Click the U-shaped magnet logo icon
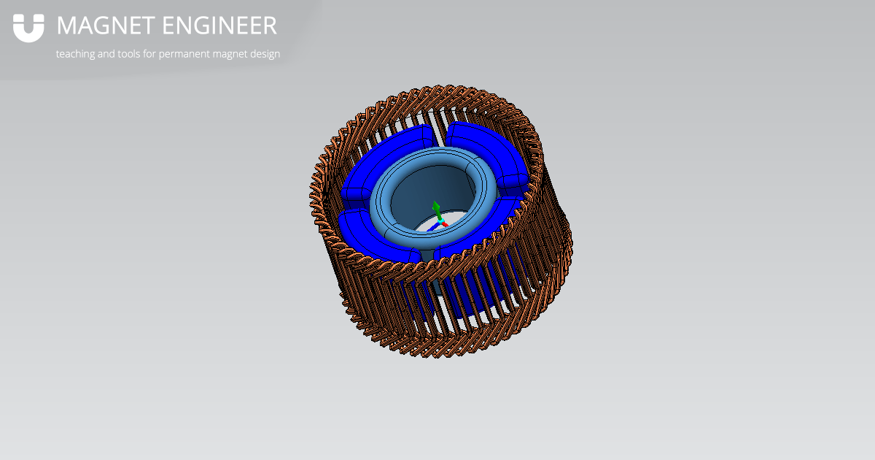[x=28, y=28]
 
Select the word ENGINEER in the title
[x=219, y=26]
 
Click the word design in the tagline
[x=265, y=54]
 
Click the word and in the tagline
[x=106, y=54]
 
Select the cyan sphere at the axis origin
[x=440, y=218]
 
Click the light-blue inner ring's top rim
[x=437, y=153]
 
